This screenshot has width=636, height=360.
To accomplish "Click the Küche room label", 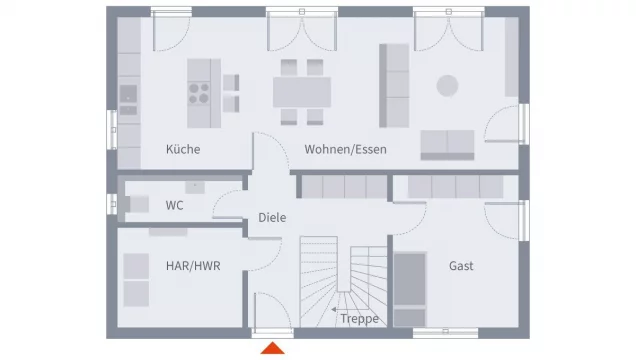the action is click(183, 149).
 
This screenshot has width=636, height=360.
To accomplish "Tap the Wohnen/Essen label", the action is click(346, 149).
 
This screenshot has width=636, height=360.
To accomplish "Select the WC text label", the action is click(174, 205).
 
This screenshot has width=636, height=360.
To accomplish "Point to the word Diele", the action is click(272, 217).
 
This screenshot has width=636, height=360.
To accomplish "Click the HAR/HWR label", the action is click(193, 266).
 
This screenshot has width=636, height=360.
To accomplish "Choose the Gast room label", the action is click(461, 266).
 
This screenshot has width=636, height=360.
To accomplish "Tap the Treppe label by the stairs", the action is click(359, 319).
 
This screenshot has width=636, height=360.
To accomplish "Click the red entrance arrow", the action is click(273, 348).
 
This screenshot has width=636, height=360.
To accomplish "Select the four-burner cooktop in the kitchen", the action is click(199, 93).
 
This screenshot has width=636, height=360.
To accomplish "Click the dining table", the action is click(302, 92).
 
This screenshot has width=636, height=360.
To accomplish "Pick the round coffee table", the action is click(447, 86).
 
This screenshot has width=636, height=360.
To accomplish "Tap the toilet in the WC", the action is click(134, 204).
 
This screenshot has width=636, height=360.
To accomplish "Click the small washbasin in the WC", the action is click(195, 187).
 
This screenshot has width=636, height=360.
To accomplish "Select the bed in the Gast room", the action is click(410, 289).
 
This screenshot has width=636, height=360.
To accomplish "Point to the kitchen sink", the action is click(128, 99).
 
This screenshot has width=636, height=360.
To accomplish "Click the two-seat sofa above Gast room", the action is click(447, 145).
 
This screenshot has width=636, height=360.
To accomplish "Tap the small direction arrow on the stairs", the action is click(335, 310).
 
